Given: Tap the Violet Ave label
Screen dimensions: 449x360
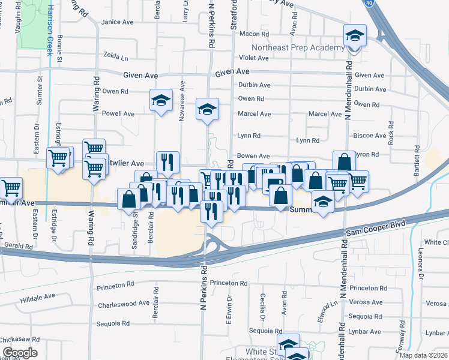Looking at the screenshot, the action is click(x=254, y=58).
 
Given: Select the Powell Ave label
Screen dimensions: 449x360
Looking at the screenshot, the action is click(x=118, y=113).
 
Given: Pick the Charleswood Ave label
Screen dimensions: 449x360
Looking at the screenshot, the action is click(x=124, y=303).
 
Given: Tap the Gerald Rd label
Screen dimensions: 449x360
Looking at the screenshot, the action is click(x=18, y=247).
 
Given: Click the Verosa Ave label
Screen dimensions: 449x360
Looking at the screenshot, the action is click(x=365, y=303).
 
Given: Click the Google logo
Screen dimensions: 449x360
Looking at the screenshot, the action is click(x=20, y=352).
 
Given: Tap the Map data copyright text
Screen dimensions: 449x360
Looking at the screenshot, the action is click(x=423, y=355).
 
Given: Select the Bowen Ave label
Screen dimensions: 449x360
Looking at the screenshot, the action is click(x=253, y=155).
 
